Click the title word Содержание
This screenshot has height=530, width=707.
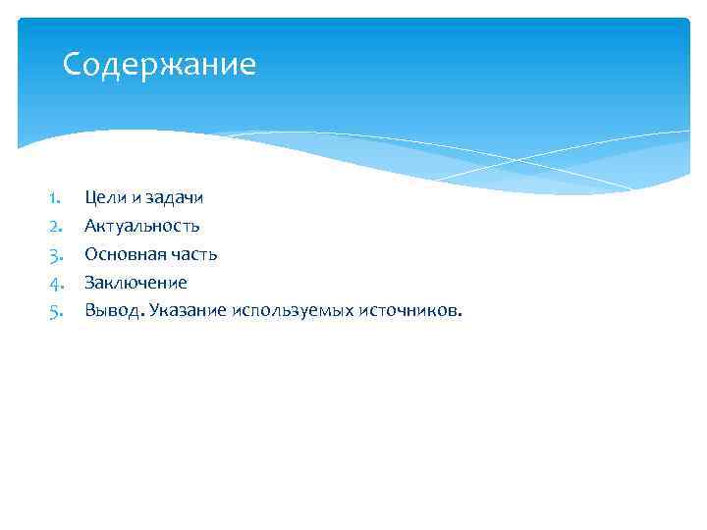click(159, 65)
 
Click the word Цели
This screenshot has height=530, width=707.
click(102, 197)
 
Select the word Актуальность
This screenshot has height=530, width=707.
click(142, 226)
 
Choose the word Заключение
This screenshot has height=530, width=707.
click(136, 283)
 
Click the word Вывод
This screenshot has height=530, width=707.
click(114, 311)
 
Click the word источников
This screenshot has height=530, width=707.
click(406, 311)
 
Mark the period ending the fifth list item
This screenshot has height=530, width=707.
click(457, 316)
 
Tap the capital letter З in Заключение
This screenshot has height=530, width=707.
click(89, 283)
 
